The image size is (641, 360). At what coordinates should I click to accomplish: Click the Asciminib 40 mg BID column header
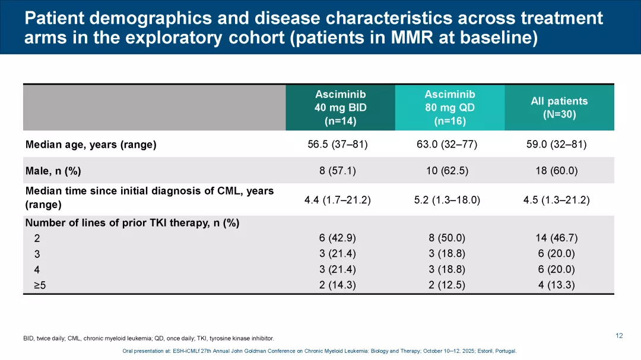click(x=340, y=108)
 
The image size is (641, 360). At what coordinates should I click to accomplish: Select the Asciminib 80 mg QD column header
click(x=449, y=108)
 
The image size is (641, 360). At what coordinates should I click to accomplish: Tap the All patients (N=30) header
click(x=559, y=108)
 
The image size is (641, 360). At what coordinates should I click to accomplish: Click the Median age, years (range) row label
click(x=91, y=145)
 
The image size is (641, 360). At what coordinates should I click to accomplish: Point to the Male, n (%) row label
click(x=53, y=171)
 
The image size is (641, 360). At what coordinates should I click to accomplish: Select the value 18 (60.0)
click(x=557, y=171)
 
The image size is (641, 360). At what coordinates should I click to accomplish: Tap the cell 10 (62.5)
click(x=447, y=171)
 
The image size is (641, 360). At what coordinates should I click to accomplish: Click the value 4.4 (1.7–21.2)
click(x=337, y=200)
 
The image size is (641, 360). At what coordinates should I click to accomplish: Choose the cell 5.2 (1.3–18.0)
click(x=447, y=200)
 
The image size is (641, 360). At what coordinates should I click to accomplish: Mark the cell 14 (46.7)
click(x=557, y=238)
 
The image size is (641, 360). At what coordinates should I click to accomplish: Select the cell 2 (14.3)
click(x=337, y=285)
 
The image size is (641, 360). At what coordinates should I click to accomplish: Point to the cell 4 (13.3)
click(x=557, y=285)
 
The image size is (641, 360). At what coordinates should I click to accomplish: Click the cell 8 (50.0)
click(x=447, y=238)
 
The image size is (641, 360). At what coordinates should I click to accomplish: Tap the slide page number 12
click(x=619, y=336)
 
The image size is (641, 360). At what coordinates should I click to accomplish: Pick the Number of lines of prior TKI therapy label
click(x=132, y=223)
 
